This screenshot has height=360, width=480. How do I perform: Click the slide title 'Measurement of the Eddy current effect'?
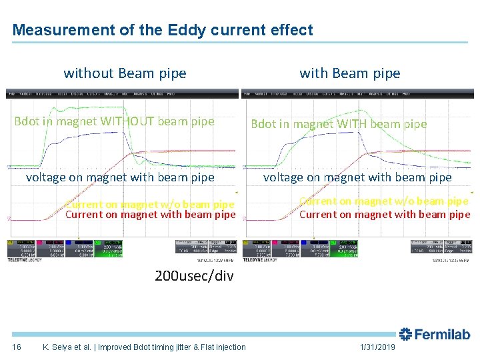click(163, 30)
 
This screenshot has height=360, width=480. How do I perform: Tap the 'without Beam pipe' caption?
click(125, 73)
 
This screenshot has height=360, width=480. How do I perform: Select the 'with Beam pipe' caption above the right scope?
click(350, 73)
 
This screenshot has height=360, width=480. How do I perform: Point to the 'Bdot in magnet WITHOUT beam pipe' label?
click(115, 121)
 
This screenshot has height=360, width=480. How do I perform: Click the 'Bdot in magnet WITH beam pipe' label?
click(339, 123)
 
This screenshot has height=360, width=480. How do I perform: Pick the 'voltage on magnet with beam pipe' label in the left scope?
click(120, 177)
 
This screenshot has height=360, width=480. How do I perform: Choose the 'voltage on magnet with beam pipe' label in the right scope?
click(357, 177)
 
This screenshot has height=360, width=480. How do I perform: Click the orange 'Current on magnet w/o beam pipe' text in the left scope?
click(150, 205)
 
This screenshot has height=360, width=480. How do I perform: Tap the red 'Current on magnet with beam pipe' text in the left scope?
click(150, 215)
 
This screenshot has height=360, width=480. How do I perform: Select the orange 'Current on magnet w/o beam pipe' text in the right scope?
click(384, 201)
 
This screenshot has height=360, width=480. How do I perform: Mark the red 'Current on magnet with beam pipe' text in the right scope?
click(385, 215)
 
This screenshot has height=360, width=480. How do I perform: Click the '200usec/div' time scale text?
click(194, 275)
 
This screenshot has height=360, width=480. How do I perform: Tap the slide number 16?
click(17, 347)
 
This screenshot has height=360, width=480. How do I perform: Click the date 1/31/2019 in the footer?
click(377, 347)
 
